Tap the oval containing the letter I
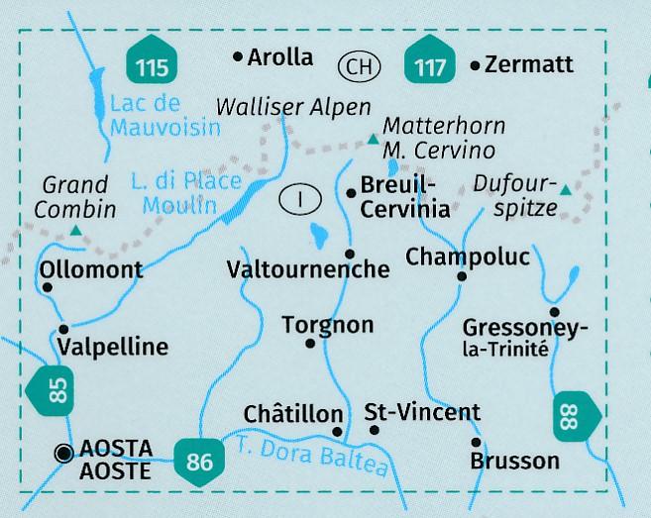299,198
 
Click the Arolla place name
279,57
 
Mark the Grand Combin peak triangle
76,231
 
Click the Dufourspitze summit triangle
565,189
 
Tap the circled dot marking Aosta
65,453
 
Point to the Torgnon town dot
311,344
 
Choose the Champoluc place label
468,258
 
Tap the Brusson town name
514,461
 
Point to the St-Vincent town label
422,412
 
